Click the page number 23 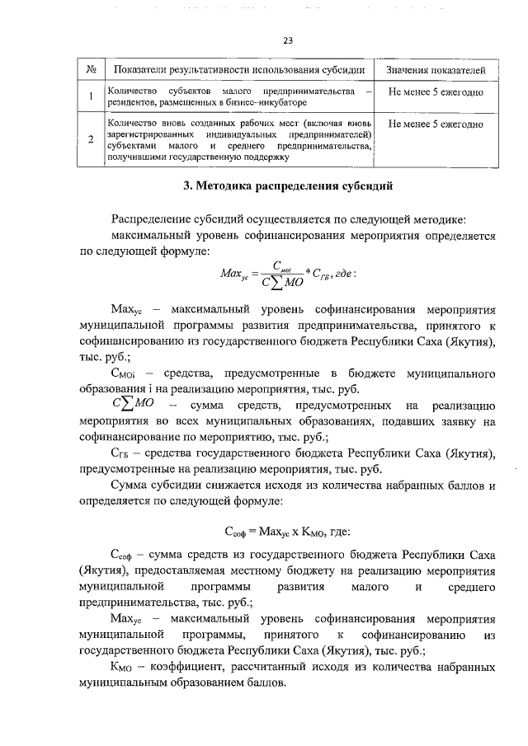(288, 40)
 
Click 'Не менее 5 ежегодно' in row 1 (435, 90)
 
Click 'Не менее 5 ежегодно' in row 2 (435, 124)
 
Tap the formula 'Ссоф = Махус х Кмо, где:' (288, 532)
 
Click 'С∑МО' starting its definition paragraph (134, 406)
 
